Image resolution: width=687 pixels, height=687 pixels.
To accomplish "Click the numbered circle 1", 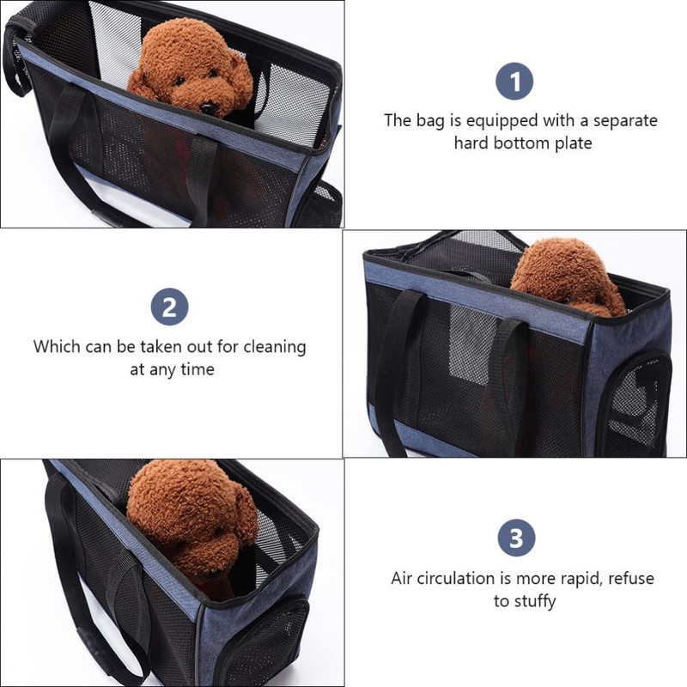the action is coord(514,81).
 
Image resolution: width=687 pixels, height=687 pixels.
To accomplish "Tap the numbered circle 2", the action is coord(169,307).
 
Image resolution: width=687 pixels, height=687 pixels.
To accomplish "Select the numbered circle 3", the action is coord(517,538).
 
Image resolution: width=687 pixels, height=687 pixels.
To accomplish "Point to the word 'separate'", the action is coord(625,121).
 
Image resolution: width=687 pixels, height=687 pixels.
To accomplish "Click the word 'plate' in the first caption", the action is coord(574,143).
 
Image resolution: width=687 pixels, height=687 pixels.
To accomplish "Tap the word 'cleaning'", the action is coord(275,347).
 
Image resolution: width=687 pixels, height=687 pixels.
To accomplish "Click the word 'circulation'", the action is coord(464,578).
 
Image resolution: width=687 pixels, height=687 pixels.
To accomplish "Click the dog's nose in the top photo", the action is coord(207,108).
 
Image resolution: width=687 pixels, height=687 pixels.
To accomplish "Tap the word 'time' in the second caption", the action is coord(198,369).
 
